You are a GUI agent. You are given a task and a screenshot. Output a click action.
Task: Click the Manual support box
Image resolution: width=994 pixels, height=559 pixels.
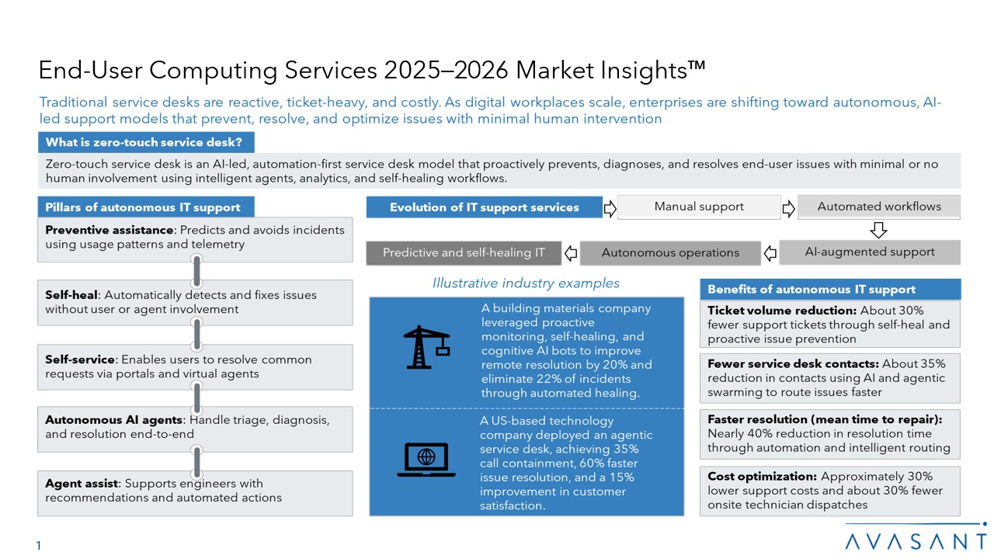click(x=699, y=207)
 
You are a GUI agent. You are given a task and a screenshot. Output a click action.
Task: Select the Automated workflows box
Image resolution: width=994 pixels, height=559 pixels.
click(x=879, y=207)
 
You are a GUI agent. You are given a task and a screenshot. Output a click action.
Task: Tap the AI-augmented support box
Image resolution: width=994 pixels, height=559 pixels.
click(x=870, y=252)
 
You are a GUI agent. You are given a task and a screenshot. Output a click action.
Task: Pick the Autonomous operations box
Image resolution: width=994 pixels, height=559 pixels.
click(x=670, y=253)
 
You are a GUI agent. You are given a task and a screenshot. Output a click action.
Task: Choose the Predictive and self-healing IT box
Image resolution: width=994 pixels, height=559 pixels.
click(x=464, y=253)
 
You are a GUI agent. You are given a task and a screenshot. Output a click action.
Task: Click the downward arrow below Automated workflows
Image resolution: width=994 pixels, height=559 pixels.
click(x=878, y=230)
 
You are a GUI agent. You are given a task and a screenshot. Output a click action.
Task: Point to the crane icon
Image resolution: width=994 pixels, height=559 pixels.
click(x=426, y=347)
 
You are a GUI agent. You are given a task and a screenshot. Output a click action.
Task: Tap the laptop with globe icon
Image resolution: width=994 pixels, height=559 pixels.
click(x=426, y=459)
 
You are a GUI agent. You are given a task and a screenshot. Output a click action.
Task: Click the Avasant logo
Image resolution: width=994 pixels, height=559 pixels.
click(x=916, y=538)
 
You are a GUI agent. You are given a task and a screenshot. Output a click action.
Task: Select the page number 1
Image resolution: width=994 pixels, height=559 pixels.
click(x=39, y=545)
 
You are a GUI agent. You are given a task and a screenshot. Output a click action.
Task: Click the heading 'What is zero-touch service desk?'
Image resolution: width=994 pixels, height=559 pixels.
click(x=144, y=142)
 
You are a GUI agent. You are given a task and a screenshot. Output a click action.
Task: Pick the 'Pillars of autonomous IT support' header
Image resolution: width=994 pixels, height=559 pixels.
click(x=142, y=207)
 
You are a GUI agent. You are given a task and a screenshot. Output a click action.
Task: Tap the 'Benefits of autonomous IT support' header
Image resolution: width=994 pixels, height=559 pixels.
click(x=812, y=290)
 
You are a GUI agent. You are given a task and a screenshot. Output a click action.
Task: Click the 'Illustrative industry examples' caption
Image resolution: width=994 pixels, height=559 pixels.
click(x=526, y=283)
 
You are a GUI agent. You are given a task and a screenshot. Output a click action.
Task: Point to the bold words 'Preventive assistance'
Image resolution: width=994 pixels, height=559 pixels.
click(x=109, y=230)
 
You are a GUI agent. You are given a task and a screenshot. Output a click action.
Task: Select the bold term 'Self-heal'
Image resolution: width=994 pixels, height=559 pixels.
click(x=71, y=295)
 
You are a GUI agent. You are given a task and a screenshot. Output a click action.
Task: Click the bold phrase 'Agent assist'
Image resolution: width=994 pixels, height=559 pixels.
click(x=82, y=483)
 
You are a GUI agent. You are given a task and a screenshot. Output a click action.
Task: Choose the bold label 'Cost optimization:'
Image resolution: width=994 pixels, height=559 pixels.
click(x=762, y=476)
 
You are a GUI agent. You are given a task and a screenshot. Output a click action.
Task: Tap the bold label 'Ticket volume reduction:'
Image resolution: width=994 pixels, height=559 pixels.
click(x=782, y=310)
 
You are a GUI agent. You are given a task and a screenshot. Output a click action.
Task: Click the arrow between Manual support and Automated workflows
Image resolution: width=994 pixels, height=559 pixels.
click(x=788, y=209)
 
